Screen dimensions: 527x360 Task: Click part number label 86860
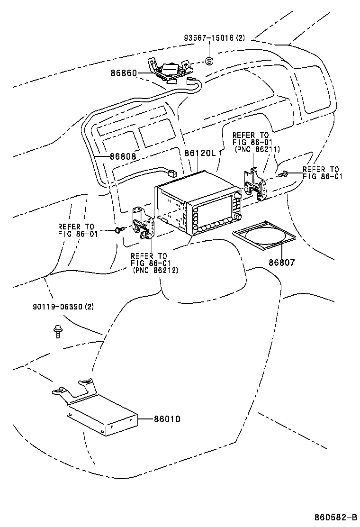click(x=124, y=73)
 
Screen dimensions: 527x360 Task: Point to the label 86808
click(x=123, y=156)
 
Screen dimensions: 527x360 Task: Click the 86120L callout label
click(x=199, y=153)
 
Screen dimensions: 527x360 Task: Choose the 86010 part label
click(x=167, y=419)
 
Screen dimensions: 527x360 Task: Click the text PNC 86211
click(x=258, y=149)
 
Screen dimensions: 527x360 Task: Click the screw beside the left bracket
click(x=118, y=229)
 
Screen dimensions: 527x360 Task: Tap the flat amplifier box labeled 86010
click(x=102, y=416)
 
